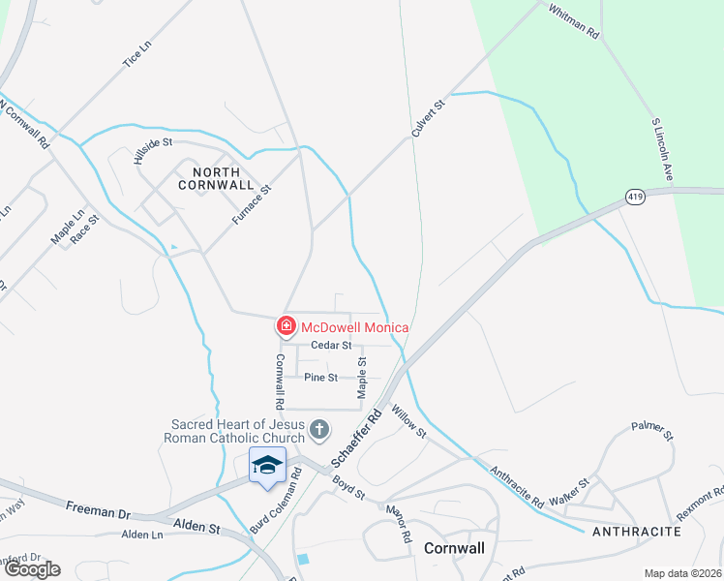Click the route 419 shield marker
635,198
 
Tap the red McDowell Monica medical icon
287,327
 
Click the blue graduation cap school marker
267,466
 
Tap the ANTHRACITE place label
636,532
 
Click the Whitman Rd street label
573,21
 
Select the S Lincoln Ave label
662,150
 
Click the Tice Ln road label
137,54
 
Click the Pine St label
320,377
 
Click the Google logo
31,569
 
